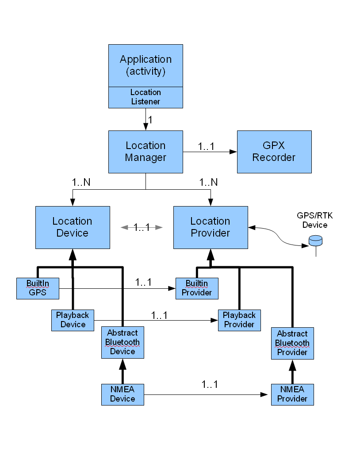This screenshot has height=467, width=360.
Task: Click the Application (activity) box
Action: [x=146, y=65]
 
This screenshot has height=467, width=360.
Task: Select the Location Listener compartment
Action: [x=146, y=97]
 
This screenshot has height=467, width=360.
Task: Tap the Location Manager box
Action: [x=146, y=152]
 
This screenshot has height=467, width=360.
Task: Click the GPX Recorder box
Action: [x=274, y=152]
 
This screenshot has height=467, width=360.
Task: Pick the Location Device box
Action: [x=73, y=227]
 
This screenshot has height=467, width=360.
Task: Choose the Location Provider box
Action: [x=210, y=227]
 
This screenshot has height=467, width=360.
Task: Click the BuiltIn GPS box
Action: [x=38, y=288]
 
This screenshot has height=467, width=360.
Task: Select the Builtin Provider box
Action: [x=197, y=288]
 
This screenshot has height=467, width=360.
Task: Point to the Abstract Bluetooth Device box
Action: [x=123, y=342]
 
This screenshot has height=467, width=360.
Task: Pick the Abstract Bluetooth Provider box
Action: [x=292, y=343]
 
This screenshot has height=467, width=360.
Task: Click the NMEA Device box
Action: [x=123, y=394]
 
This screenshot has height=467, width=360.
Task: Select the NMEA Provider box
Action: [x=292, y=394]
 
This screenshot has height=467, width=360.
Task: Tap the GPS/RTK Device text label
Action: [x=315, y=220]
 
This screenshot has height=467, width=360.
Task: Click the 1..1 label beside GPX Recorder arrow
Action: [x=206, y=146]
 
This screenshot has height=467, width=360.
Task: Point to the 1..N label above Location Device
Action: [x=81, y=182]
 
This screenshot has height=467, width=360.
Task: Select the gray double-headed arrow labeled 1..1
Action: [x=142, y=227]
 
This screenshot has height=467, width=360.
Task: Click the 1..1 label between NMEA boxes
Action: [x=209, y=384]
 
